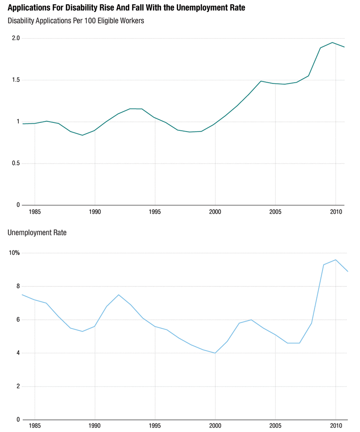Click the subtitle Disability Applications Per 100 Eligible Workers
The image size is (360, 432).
[x=76, y=21]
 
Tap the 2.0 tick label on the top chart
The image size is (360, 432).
[x=15, y=38]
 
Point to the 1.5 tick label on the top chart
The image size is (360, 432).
[x=15, y=80]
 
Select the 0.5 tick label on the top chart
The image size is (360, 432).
[x=15, y=163]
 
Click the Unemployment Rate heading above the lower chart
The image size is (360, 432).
[x=37, y=233]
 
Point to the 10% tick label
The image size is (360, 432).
[x=14, y=253]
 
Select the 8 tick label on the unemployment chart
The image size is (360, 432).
[x=18, y=286]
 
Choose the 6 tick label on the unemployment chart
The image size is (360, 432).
[x=18, y=320]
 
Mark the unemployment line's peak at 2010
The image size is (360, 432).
[x=336, y=260]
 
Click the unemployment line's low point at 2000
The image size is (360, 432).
[x=215, y=353]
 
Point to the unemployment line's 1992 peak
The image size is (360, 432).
[x=119, y=295]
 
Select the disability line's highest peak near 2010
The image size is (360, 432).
[x=332, y=43]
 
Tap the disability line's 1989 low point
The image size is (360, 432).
[x=83, y=135]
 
